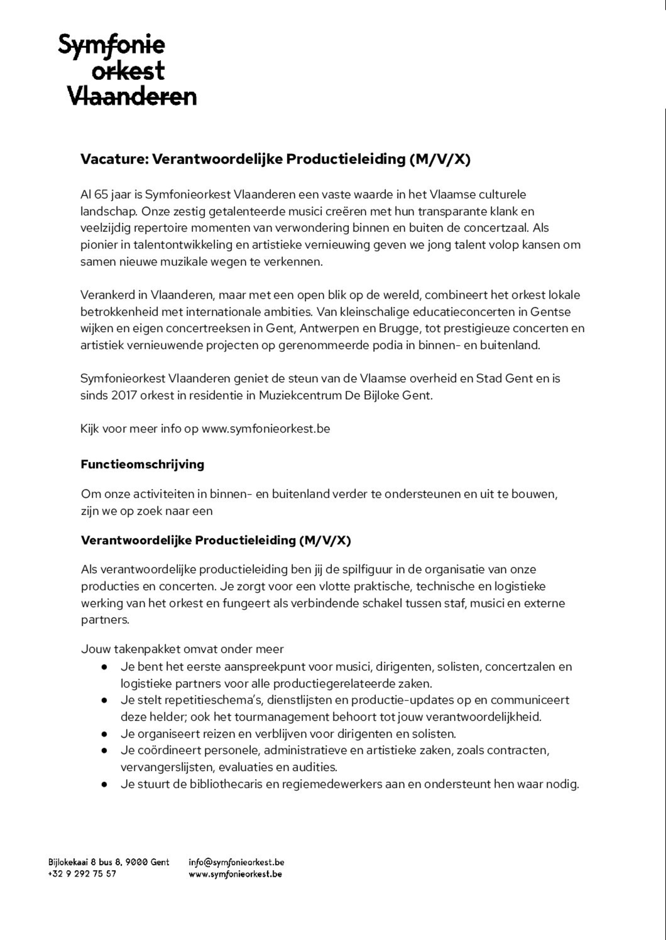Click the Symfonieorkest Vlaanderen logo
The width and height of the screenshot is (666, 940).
(127, 70)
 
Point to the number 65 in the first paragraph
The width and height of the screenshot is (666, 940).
(101, 194)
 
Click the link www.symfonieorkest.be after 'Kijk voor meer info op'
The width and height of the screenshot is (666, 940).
(266, 429)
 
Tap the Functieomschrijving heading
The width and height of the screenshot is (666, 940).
(142, 464)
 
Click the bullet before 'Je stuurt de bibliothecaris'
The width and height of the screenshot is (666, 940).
(105, 784)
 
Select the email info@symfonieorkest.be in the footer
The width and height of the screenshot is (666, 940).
(236, 862)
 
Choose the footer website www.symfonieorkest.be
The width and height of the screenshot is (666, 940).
(235, 874)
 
